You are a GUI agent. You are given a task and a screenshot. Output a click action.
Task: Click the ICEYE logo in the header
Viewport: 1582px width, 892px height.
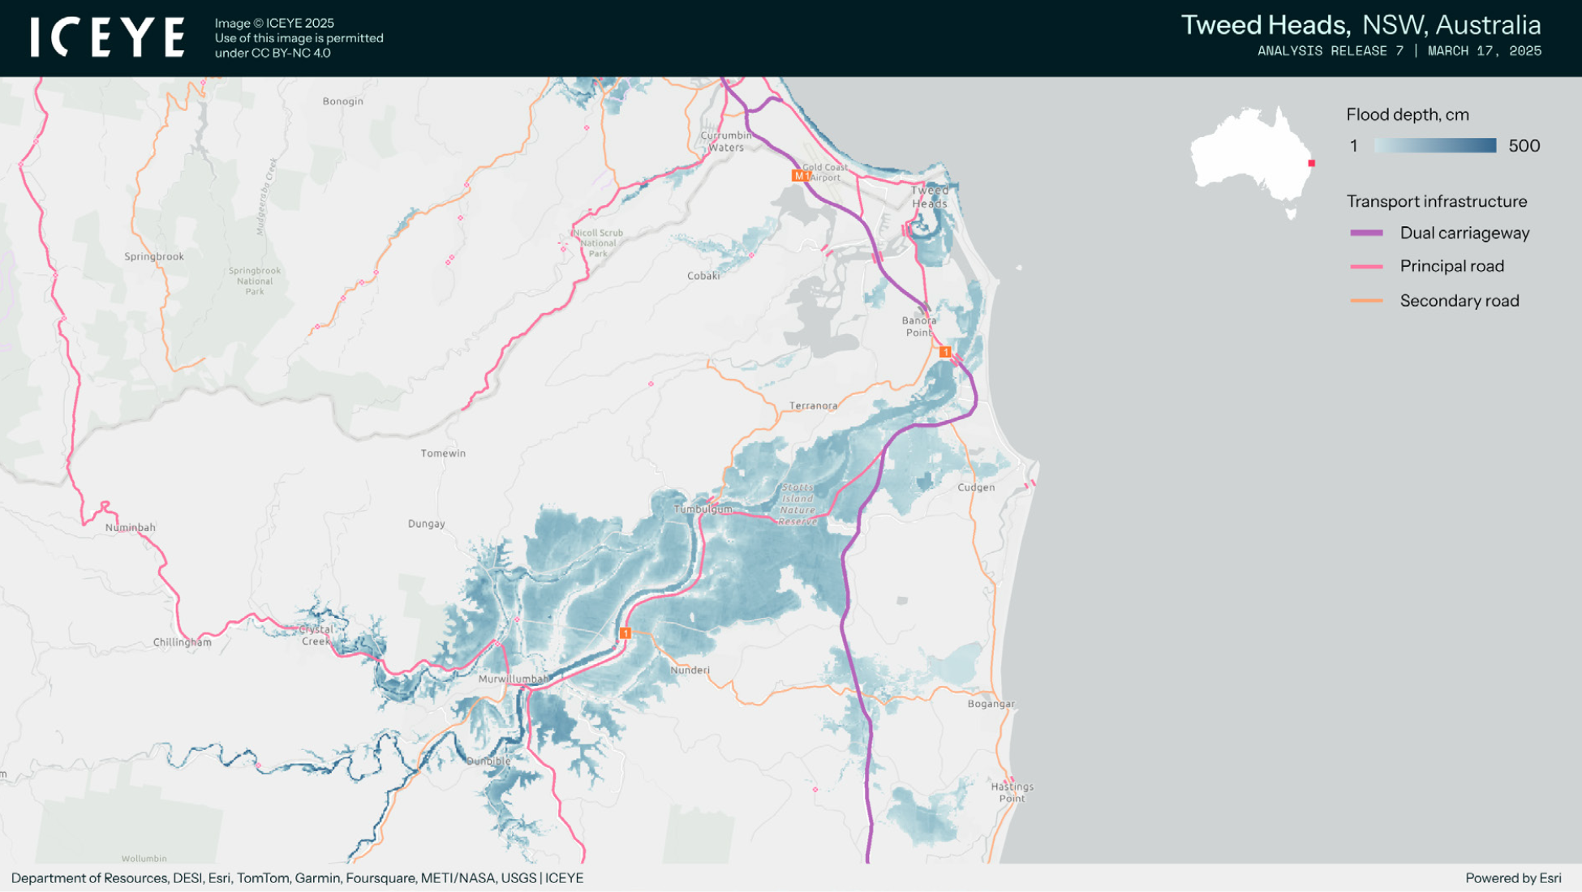point(108,37)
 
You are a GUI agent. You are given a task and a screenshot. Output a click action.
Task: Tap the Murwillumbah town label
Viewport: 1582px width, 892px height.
point(514,679)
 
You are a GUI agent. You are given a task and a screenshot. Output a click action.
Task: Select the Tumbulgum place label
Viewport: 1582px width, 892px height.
point(703,509)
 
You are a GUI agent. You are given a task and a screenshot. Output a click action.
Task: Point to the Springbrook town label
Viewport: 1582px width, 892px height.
point(154,256)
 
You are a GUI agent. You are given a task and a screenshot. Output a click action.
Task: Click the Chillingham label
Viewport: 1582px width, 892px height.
point(183,642)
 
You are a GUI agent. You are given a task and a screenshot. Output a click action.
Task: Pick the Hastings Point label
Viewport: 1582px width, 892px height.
point(1012,792)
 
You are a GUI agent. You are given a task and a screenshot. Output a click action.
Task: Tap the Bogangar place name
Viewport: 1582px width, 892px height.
point(991,704)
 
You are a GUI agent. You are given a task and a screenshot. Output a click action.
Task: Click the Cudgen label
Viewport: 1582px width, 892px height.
point(976,487)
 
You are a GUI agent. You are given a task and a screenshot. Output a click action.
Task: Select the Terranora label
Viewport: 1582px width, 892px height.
point(813,405)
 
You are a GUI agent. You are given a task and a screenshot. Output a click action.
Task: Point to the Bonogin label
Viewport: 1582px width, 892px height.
point(342,101)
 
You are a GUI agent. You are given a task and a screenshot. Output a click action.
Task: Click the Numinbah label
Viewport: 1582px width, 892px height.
point(130,527)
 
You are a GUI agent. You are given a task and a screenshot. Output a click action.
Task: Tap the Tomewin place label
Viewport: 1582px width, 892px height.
point(443,453)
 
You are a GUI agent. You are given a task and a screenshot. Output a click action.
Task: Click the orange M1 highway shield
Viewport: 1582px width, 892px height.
point(800,176)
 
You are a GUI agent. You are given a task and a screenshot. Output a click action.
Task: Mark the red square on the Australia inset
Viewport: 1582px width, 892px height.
point(1311,163)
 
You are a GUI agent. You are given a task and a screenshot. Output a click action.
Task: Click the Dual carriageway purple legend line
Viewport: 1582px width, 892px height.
point(1366,233)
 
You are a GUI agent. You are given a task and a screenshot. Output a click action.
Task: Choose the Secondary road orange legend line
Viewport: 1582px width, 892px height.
point(1366,301)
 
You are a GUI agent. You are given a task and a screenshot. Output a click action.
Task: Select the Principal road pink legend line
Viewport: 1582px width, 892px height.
point(1366,266)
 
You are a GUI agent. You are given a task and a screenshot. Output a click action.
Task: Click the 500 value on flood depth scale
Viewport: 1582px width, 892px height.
point(1524,146)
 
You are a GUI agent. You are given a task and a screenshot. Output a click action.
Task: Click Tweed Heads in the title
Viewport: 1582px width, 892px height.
point(1265,25)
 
